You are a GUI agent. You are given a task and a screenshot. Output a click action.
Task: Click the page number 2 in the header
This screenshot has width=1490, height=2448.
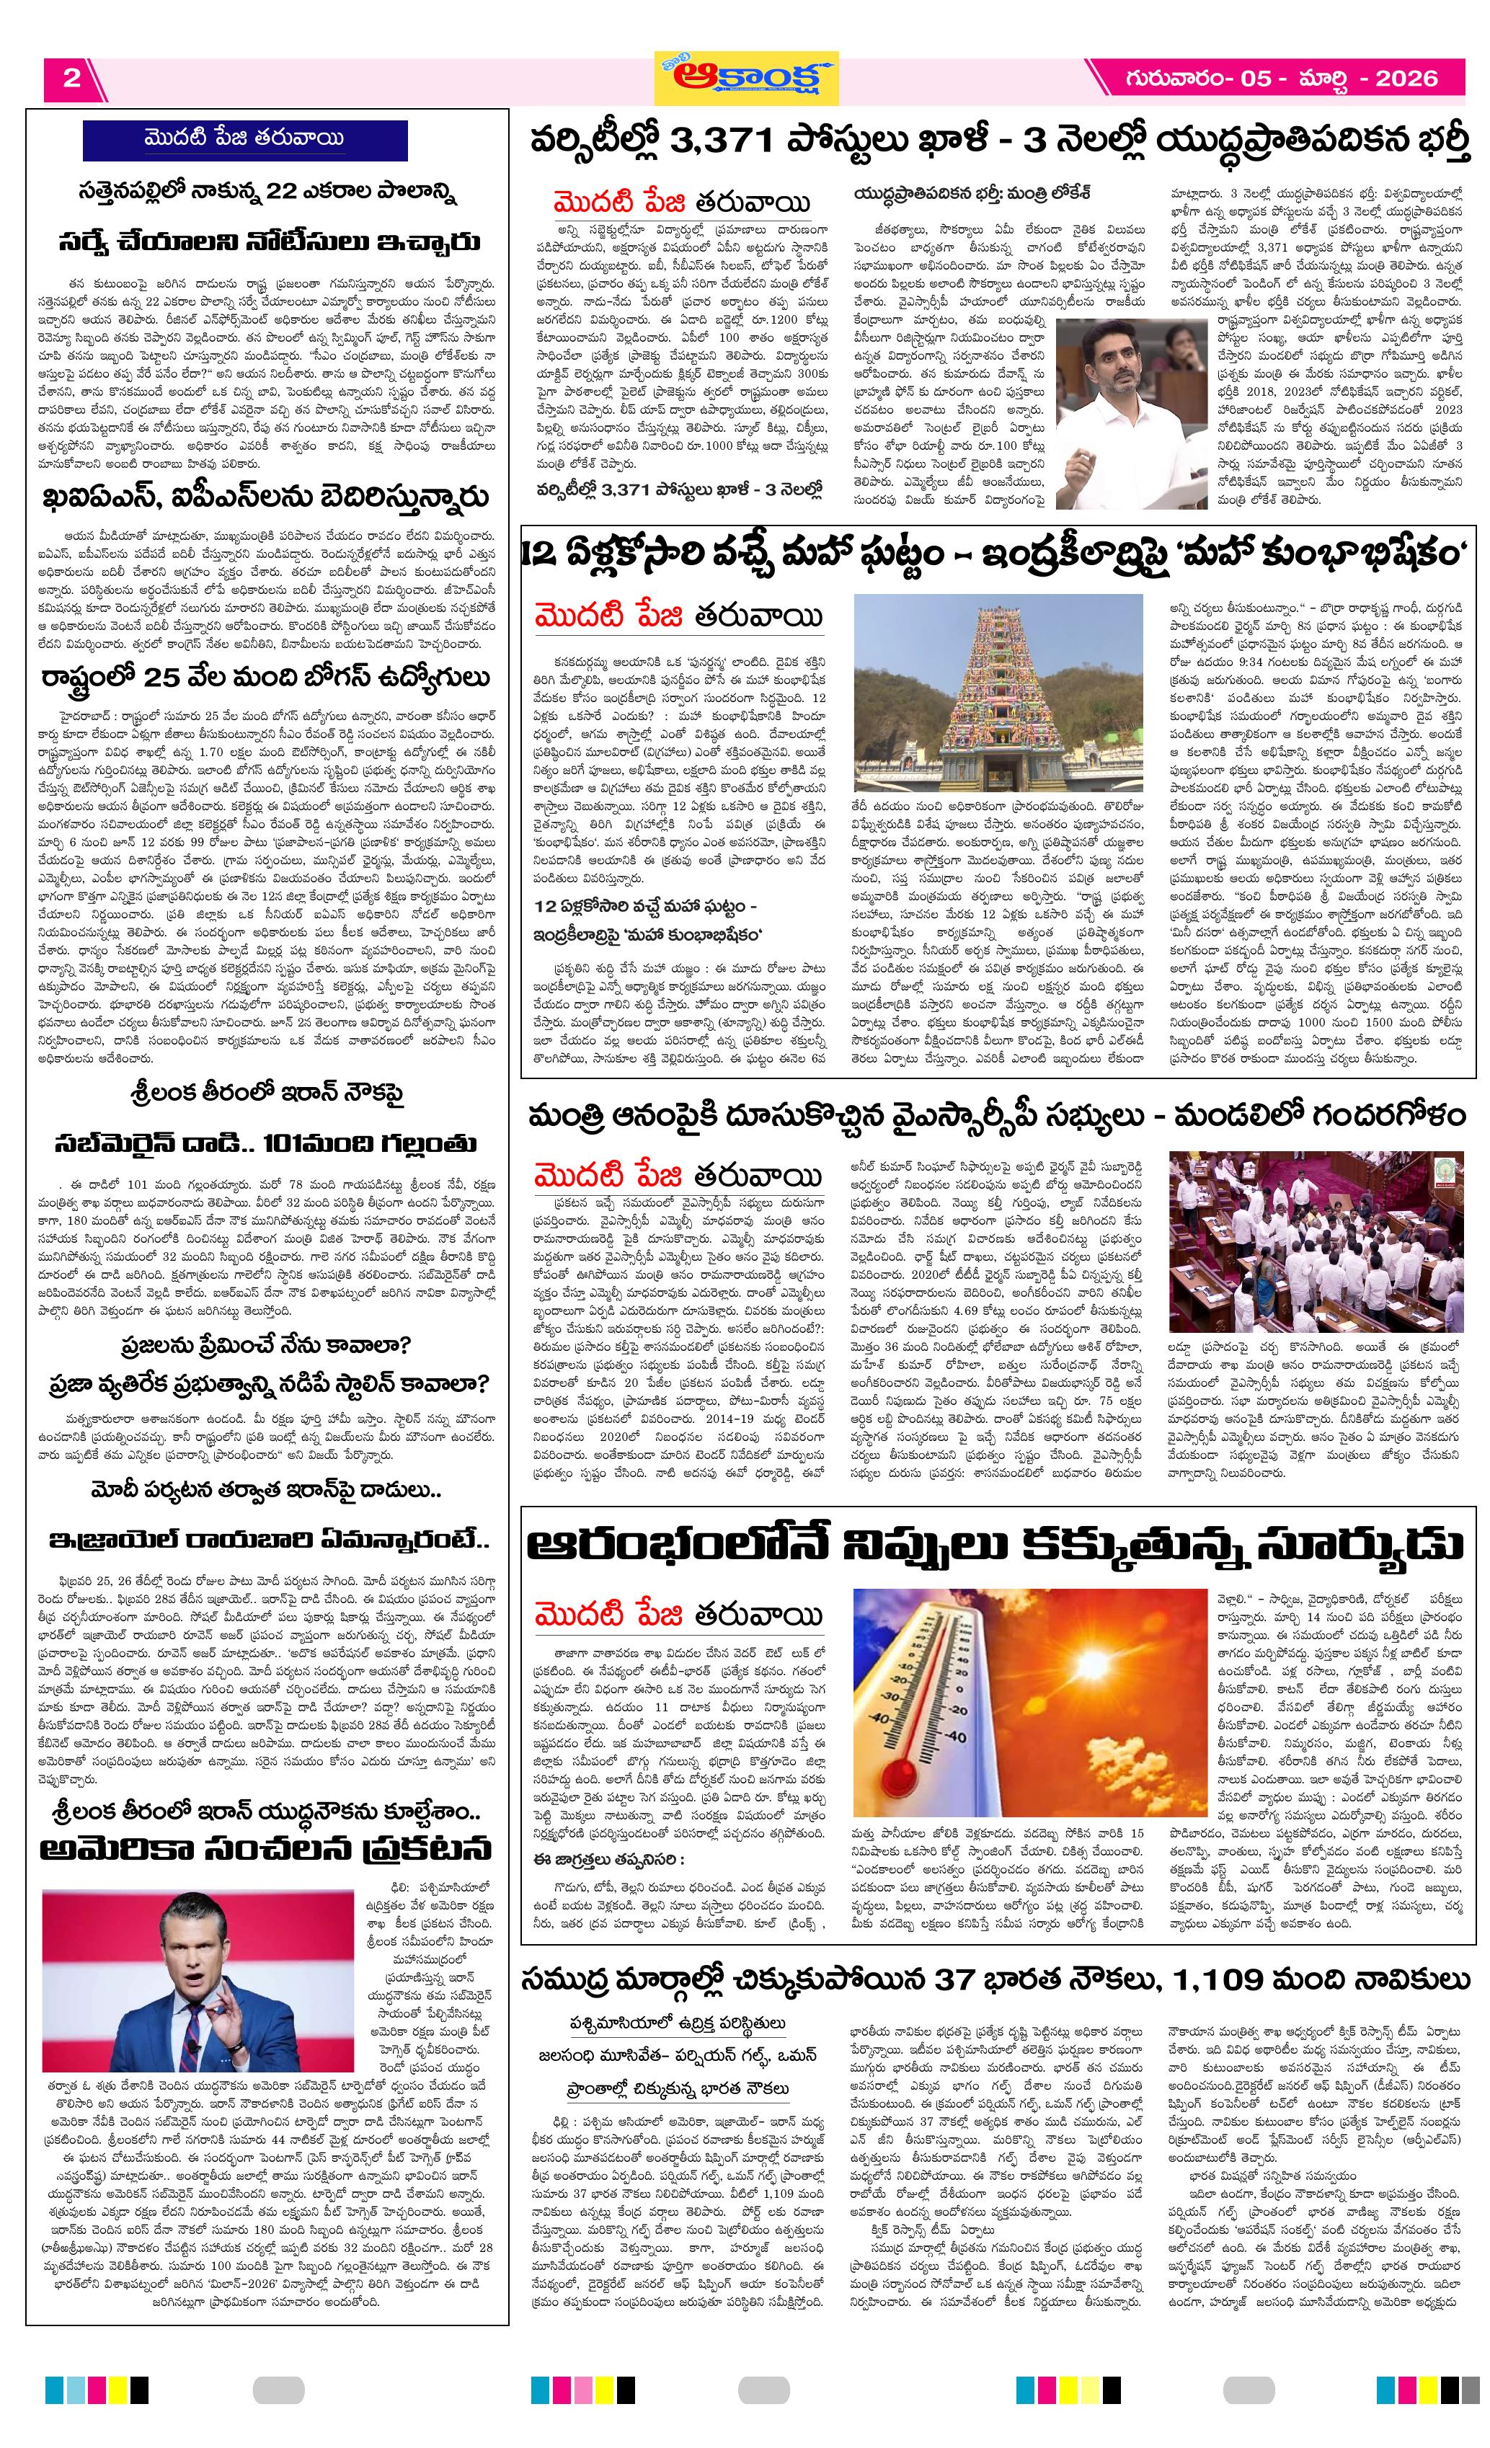pyautogui.click(x=71, y=79)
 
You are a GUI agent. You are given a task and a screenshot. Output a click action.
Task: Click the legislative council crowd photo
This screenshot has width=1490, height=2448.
pyautogui.click(x=1315, y=1242)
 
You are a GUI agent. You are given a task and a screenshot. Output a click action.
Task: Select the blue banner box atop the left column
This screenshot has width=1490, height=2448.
pyautogui.click(x=244, y=139)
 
